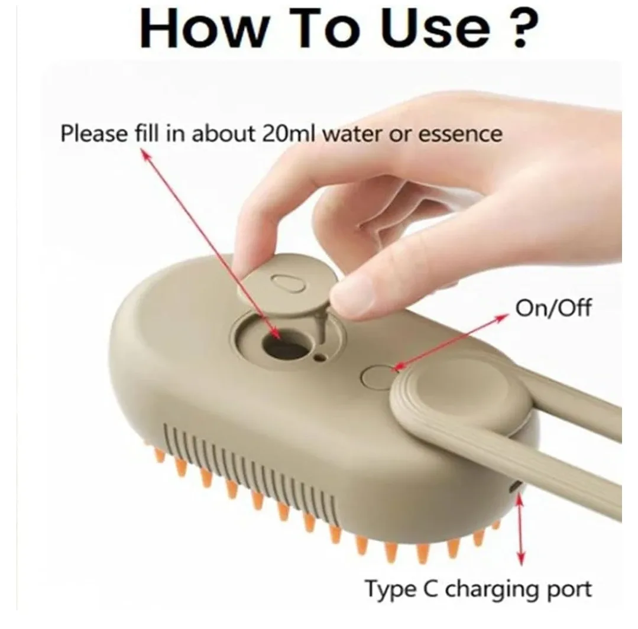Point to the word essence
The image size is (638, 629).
[x=460, y=134]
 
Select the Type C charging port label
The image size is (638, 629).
[x=478, y=589]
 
